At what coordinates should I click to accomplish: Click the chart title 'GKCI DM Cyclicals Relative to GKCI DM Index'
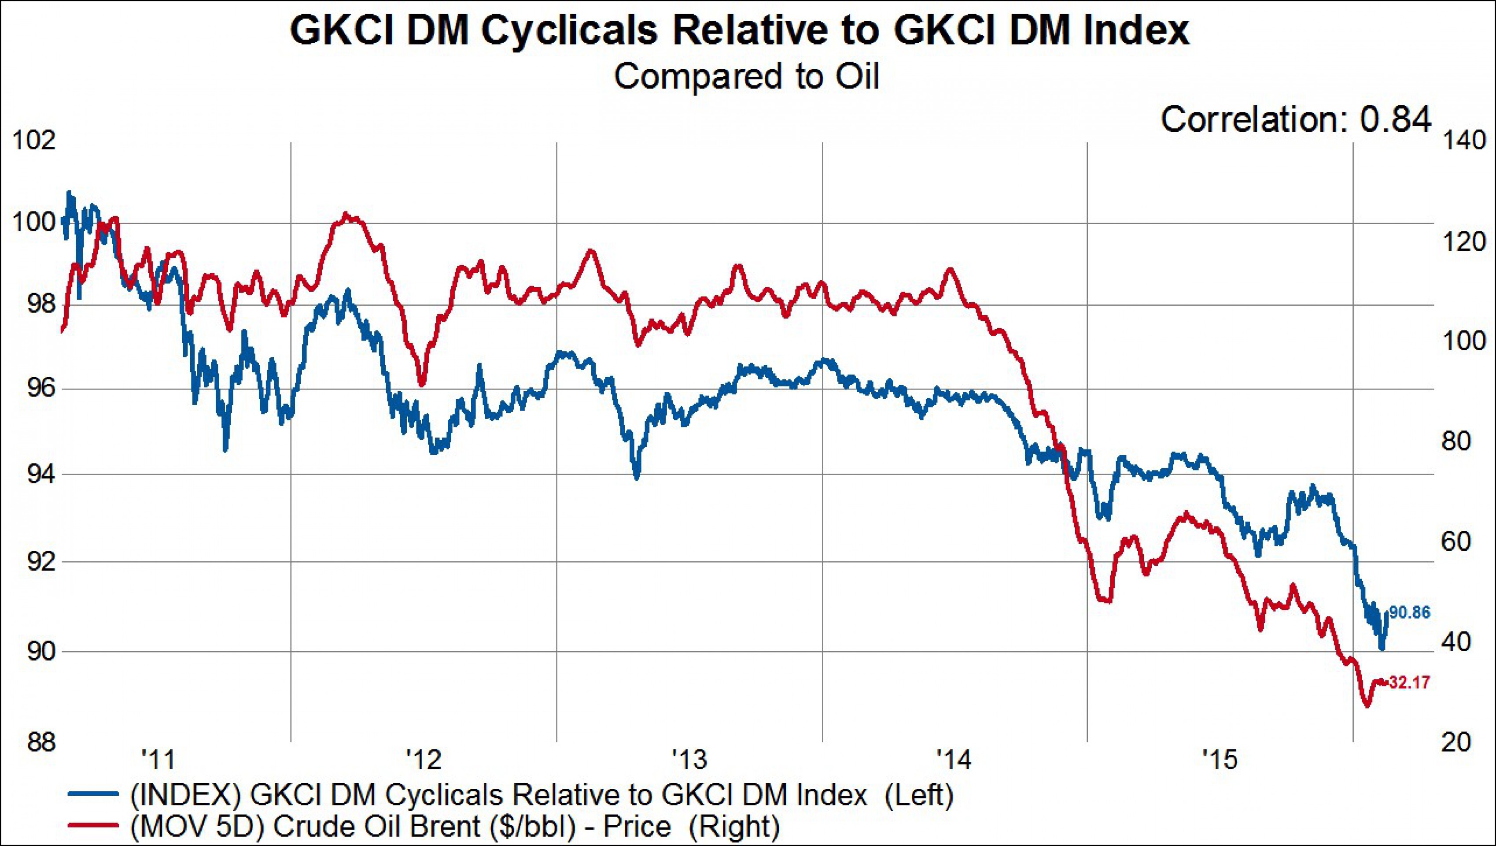739,30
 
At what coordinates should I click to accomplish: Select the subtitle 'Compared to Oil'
747,76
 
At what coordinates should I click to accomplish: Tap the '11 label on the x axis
158,759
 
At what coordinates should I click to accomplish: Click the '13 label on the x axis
689,759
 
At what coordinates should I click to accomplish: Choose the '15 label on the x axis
1221,759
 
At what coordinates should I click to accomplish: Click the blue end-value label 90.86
1409,612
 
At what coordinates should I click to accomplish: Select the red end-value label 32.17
1409,682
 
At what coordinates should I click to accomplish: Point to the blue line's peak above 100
69,192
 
